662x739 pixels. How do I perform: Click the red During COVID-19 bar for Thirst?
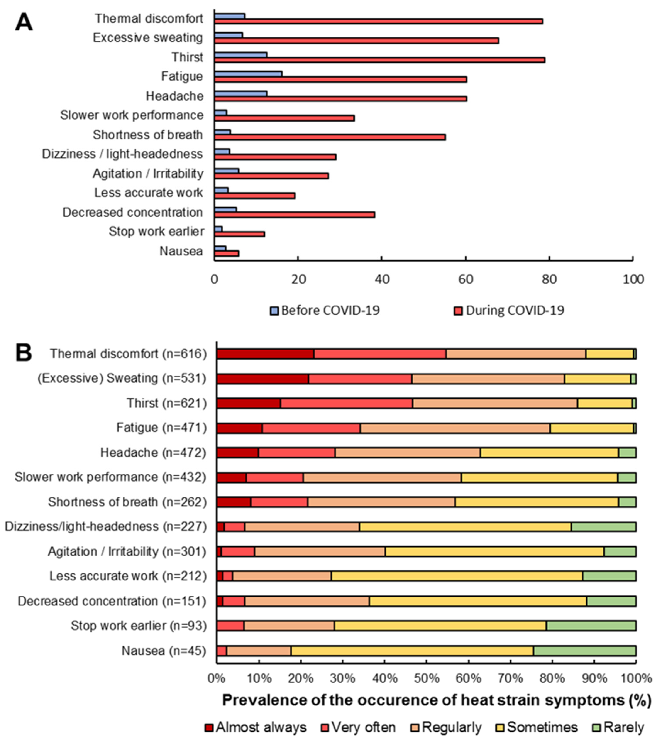click(380, 60)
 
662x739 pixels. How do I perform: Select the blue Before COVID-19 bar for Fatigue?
click(248, 74)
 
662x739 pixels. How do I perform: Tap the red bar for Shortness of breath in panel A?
click(330, 137)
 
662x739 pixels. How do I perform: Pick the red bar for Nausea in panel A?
click(227, 254)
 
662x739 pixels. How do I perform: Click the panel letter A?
click(24, 23)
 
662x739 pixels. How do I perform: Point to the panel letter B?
click(24, 353)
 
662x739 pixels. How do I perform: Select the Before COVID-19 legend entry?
click(325, 311)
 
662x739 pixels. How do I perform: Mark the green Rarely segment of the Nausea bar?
click(584, 651)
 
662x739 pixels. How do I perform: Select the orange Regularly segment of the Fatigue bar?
click(455, 428)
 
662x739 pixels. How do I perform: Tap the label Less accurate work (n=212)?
click(128, 576)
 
